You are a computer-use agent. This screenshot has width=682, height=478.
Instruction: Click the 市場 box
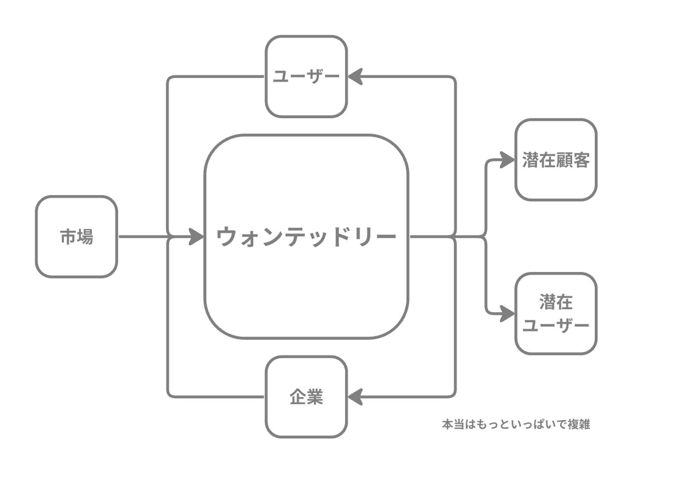76,236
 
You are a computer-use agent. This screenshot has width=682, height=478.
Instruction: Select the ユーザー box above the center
306,76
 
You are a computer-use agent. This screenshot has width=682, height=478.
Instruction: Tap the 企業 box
306,397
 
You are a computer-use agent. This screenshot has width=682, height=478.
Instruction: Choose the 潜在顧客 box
556,160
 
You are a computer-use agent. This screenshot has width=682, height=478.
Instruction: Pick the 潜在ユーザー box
556,313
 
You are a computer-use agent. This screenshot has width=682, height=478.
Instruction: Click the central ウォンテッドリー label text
306,236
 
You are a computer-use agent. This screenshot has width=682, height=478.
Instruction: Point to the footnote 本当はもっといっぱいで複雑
516,424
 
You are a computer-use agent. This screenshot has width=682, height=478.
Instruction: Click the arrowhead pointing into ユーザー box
355,76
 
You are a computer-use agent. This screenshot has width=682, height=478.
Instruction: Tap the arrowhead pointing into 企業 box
355,397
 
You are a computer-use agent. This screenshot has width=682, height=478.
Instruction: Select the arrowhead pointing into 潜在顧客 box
507,160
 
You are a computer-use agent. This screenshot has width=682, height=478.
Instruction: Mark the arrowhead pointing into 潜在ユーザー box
507,314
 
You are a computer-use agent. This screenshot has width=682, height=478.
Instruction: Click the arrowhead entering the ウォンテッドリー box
196,236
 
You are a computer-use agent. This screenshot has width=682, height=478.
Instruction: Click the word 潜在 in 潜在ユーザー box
556,302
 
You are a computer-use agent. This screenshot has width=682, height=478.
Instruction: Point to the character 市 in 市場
68,236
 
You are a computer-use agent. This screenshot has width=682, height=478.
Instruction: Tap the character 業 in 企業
314,397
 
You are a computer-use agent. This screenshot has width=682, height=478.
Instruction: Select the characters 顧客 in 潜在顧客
573,160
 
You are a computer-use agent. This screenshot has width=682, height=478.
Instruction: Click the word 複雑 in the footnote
579,424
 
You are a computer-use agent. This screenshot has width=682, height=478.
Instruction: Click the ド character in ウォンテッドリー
340,236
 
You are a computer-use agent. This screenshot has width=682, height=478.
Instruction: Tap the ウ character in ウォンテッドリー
227,236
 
